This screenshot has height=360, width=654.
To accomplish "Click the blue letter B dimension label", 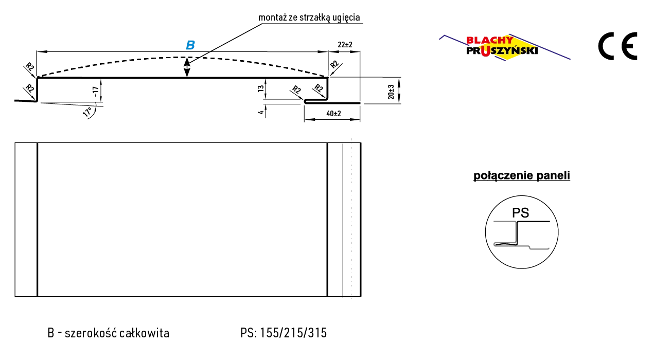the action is (190, 45).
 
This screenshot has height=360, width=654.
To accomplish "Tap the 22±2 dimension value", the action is (345, 45).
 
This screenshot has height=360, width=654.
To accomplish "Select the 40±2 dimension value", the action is (333, 114).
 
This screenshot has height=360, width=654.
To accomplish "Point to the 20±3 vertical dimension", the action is (391, 92).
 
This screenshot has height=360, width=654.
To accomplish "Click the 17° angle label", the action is (87, 112).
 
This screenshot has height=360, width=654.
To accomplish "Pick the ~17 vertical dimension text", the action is (95, 92).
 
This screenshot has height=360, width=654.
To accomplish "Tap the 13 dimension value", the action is (261, 88).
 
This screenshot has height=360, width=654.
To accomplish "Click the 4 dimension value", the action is (261, 112).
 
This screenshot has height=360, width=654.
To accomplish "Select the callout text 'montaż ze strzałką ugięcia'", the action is (309, 17).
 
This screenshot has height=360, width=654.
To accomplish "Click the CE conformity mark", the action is (617, 46).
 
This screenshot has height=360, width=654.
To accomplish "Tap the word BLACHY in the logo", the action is (490, 40).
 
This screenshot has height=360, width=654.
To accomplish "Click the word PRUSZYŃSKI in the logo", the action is (502, 51).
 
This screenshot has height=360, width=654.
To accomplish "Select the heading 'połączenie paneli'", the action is (521, 175).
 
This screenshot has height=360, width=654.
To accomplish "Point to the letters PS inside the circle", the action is (521, 213).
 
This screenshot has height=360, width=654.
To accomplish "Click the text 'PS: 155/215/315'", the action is (284, 333).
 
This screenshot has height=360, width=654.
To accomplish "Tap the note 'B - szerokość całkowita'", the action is (109, 333).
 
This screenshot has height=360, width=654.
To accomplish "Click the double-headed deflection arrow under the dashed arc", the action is (187, 67).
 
